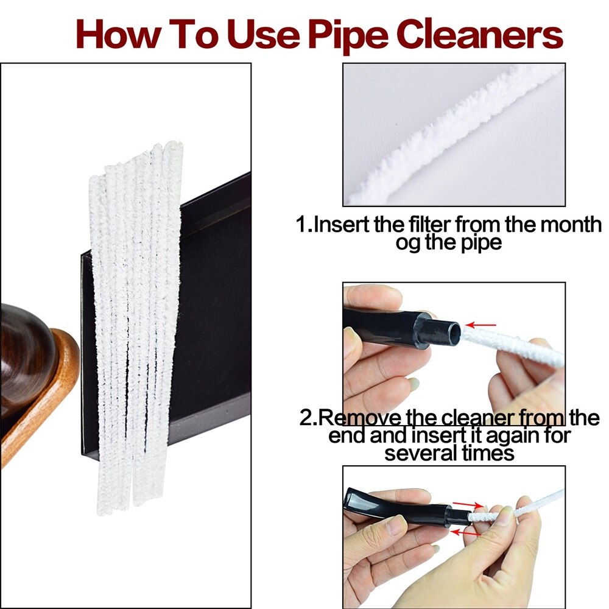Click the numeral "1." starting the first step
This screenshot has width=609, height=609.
304,225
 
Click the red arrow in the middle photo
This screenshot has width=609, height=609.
481,325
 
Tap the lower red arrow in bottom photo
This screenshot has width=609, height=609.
466,532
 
